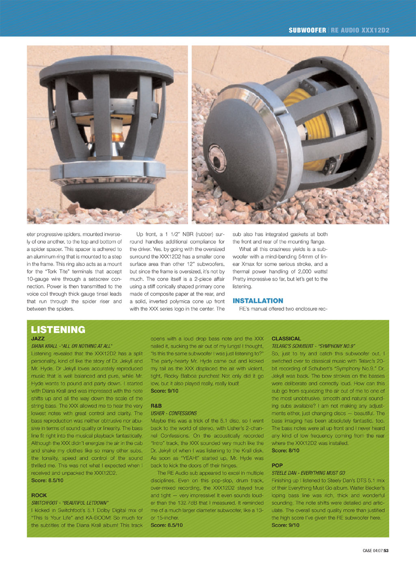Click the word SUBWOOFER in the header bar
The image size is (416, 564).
pos(307,30)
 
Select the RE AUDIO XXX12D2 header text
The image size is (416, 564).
pos(360,30)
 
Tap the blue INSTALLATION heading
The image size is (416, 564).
pos(258,301)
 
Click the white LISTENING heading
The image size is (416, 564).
pos(58,329)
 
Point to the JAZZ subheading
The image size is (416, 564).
pos(38,338)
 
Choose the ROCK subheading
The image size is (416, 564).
pos(39,495)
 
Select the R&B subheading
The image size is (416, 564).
pos(156,406)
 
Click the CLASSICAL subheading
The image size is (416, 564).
pos(286,338)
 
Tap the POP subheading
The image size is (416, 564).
pos(277,465)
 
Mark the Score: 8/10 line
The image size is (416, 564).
pos(285,451)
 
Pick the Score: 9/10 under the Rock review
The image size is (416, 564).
pos(164,391)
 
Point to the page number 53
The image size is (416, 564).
pos(386,551)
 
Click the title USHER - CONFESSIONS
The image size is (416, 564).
pos(173,413)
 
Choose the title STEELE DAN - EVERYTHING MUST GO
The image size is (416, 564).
pos(308,473)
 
